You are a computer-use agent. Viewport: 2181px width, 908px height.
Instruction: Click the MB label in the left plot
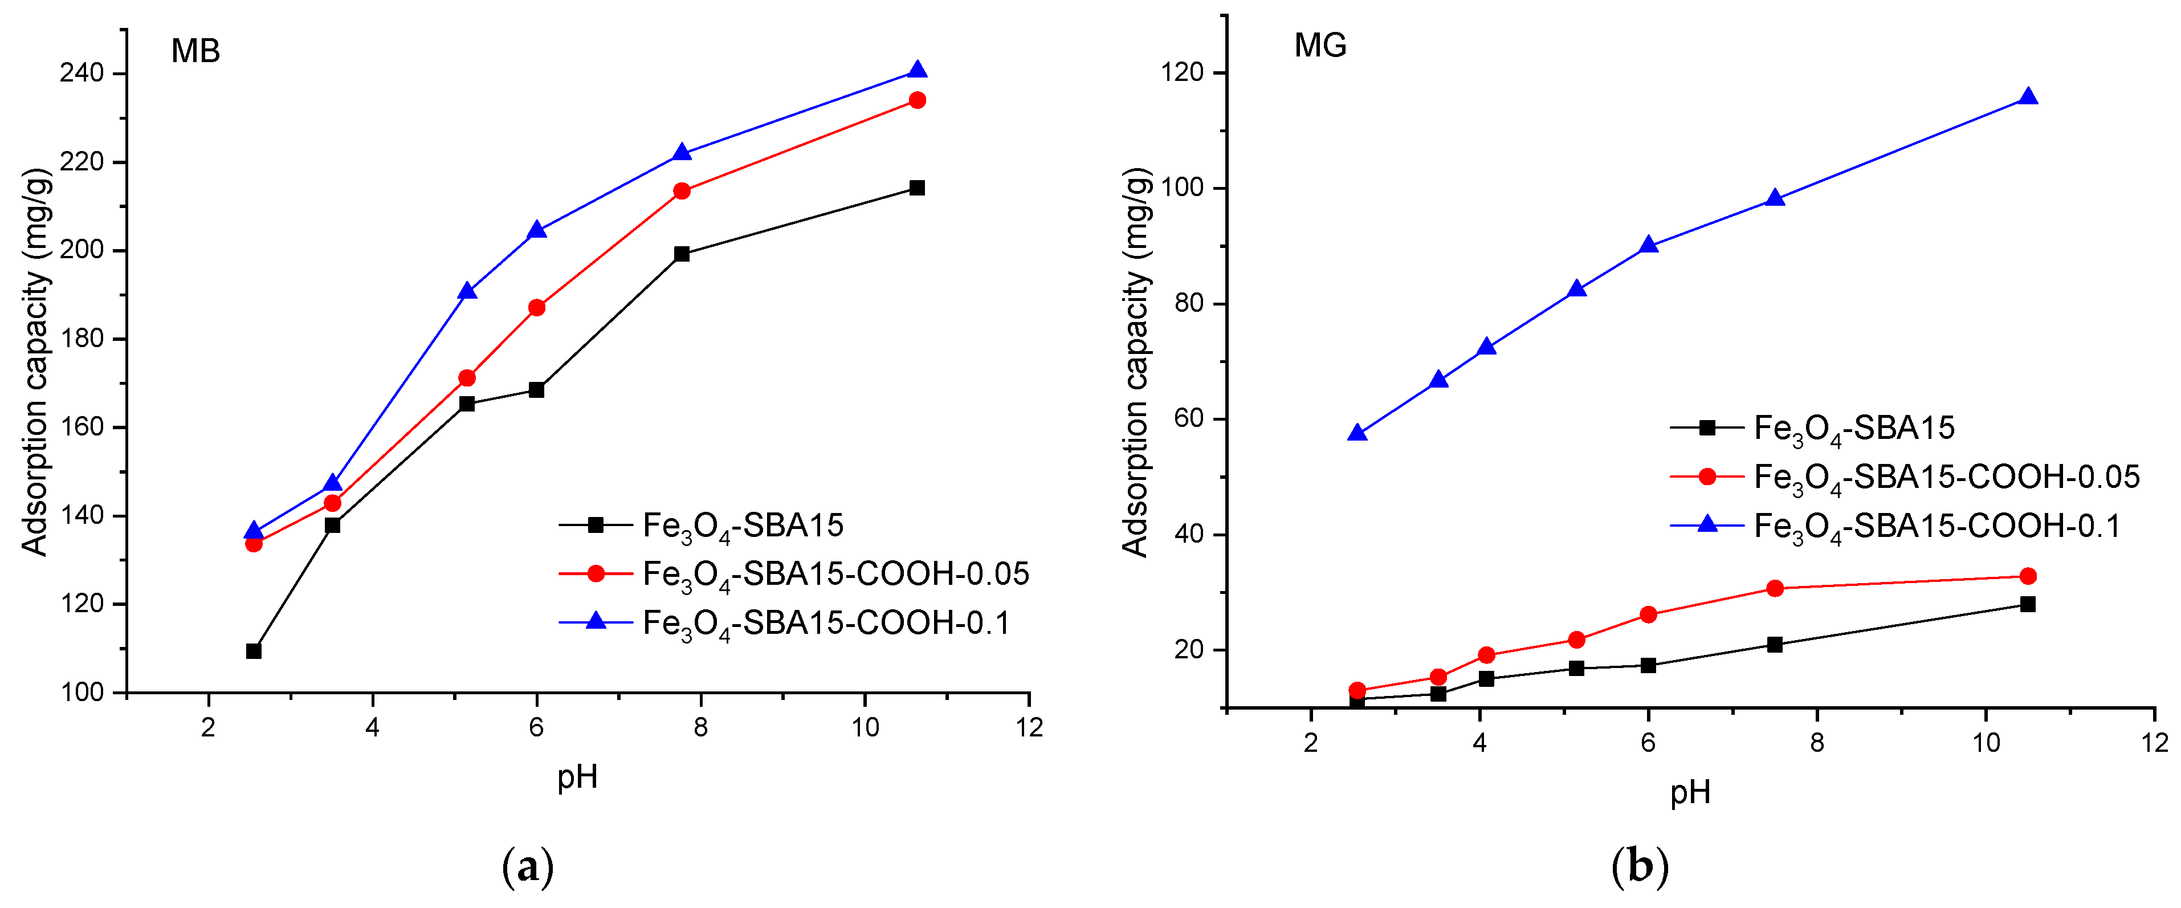pyautogui.click(x=195, y=52)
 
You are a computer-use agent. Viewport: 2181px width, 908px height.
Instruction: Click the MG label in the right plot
pyautogui.click(x=1320, y=45)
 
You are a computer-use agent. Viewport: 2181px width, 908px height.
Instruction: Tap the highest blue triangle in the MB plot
pyautogui.click(x=917, y=70)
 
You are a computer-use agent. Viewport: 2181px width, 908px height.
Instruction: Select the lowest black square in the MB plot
pyautogui.click(x=253, y=650)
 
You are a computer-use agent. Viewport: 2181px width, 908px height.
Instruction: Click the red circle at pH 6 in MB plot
pyautogui.click(x=536, y=307)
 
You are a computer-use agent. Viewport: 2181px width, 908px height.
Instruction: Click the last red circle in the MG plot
pyautogui.click(x=2028, y=576)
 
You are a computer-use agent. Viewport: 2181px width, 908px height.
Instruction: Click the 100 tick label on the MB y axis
pyautogui.click(x=82, y=693)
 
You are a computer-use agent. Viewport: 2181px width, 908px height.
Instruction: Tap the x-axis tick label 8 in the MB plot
pyautogui.click(x=700, y=727)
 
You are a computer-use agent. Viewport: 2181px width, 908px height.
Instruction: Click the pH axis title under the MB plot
pyautogui.click(x=577, y=776)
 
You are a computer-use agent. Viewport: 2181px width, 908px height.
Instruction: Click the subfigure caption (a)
pyautogui.click(x=528, y=868)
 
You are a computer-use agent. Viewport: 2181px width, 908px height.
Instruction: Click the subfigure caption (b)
pyautogui.click(x=1640, y=868)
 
